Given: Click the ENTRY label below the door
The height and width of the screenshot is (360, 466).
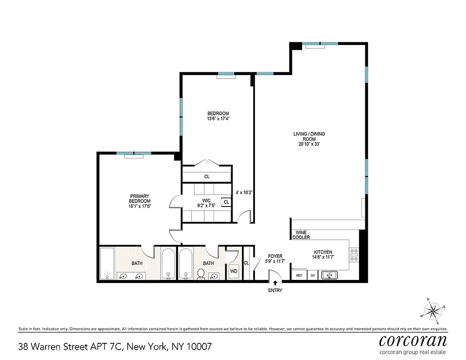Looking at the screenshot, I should coord(275,290).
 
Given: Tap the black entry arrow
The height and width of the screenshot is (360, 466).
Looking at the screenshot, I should coord(275,283).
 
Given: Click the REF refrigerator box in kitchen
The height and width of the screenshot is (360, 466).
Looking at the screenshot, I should coord(299,275).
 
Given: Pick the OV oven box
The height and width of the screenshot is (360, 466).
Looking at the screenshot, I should coord(313,275).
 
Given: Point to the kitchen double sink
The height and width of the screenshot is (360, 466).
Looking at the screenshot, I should coord(331,275).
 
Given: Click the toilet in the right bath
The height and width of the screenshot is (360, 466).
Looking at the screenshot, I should coord(201,273).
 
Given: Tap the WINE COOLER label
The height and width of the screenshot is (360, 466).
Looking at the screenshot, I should coord(301,235).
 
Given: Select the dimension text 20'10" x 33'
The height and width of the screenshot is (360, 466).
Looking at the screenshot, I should coord(309,144).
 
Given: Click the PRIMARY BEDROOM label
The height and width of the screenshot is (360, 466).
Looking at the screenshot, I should coord(140,198).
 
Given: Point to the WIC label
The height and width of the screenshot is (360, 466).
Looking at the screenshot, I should coord(206,200).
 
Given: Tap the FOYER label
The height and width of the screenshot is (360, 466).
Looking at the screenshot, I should coord(275,256).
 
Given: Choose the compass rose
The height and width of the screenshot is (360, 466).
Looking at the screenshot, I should coord(434,310).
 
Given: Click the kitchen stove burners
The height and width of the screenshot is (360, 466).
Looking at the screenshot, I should coord(354,255).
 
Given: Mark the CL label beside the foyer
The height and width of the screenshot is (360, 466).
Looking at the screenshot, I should coord(246,263).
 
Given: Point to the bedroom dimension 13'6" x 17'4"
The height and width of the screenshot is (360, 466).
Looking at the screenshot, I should coord(218,119).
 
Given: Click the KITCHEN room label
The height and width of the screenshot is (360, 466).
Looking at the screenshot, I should coord(323,252).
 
